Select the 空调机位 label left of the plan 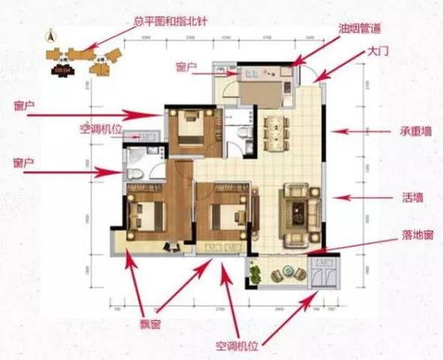coord(100,128)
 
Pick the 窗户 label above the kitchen coord(185,67)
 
